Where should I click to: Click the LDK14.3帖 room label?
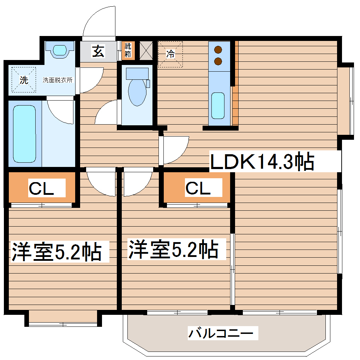[x=262, y=162]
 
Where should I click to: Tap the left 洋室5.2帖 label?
[x=57, y=252]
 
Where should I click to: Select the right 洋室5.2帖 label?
[x=173, y=249]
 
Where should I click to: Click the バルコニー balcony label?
[x=221, y=333]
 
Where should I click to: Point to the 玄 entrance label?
[x=98, y=52]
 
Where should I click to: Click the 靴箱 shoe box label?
[x=127, y=50]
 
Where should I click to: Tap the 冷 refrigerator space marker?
[x=170, y=54]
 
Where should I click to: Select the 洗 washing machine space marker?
[x=24, y=80]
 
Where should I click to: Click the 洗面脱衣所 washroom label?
[x=58, y=80]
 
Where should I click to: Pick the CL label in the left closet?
[x=41, y=189]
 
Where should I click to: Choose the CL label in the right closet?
[x=198, y=189]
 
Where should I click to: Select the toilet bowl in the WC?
[x=137, y=91]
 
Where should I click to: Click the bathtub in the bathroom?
[x=24, y=134]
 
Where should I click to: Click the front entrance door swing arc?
[x=99, y=21]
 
